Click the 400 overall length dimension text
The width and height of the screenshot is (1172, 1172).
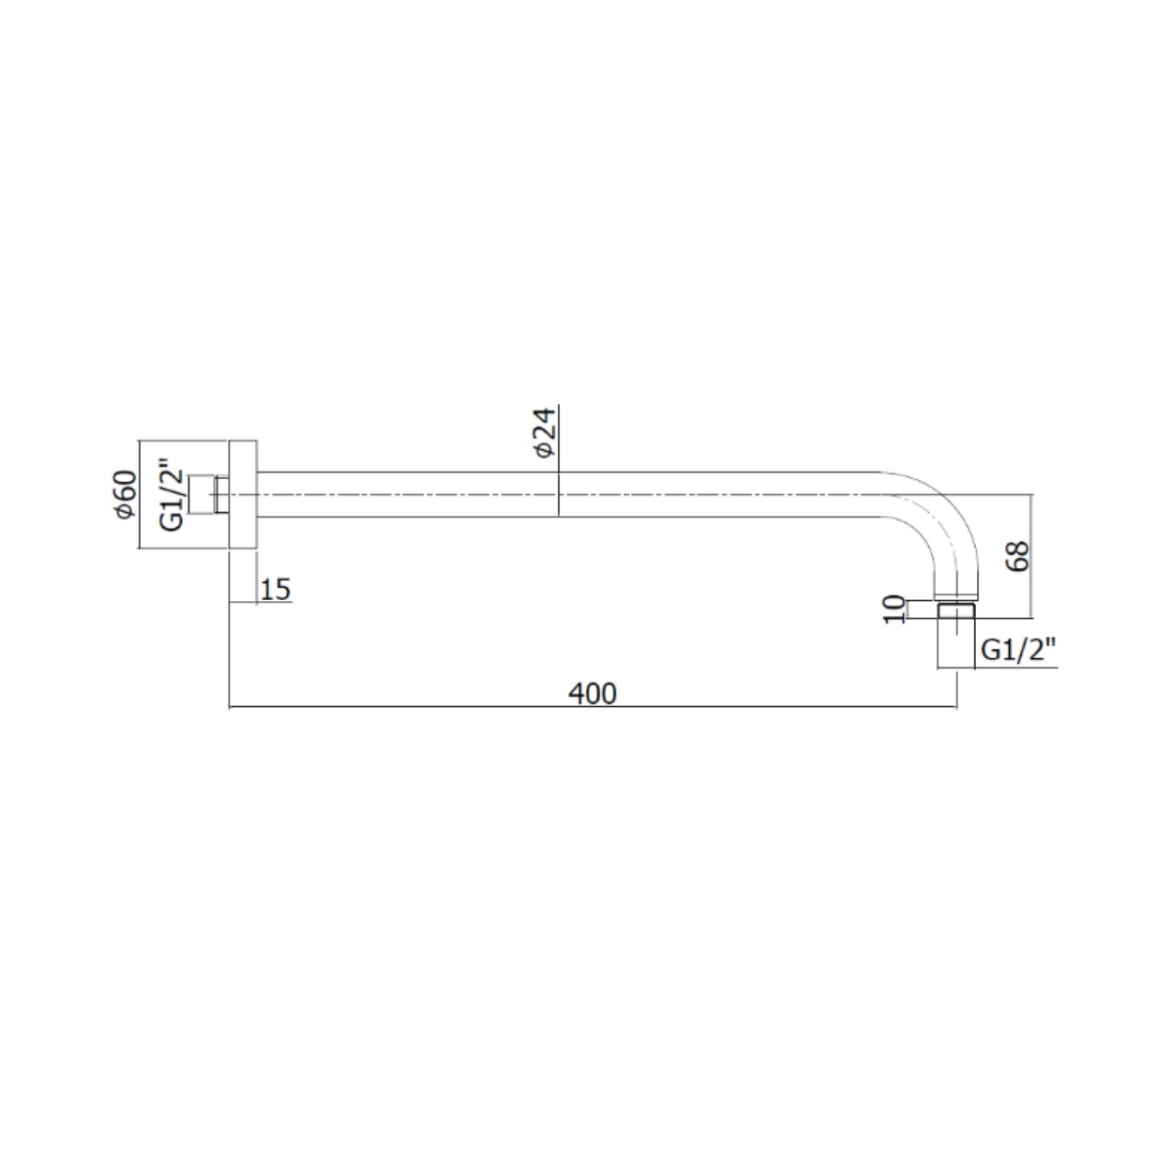point(592,693)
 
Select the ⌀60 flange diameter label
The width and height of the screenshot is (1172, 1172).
point(126,494)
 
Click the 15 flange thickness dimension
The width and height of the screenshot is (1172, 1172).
point(276,590)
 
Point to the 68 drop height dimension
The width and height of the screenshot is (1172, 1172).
point(1017,556)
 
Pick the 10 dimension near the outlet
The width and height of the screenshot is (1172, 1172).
point(894,609)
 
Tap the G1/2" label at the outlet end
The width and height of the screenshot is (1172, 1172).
point(1018,650)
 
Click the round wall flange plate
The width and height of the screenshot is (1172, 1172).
point(243,494)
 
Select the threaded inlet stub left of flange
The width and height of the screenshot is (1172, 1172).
point(201,494)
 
